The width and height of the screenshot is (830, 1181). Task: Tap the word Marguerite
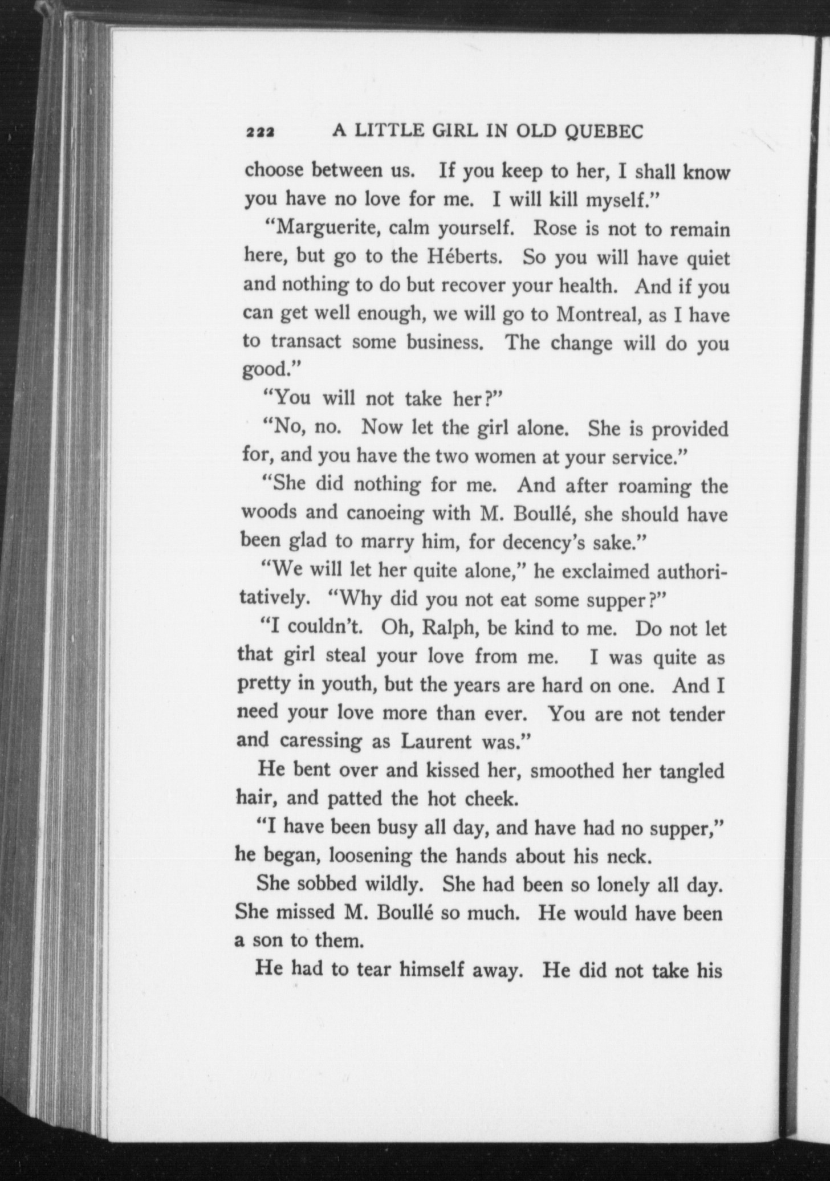(x=324, y=229)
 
